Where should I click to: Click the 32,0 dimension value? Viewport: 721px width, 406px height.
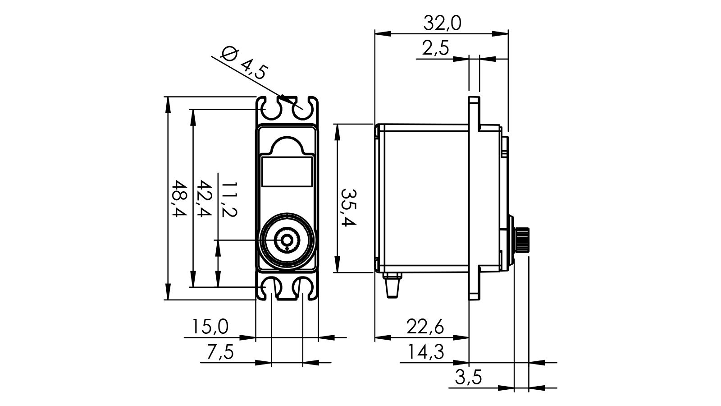[x=442, y=23]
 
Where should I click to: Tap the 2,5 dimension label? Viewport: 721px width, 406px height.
[x=436, y=48]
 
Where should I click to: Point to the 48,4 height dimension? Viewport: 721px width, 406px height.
[x=179, y=199]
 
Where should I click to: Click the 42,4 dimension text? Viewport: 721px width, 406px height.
[x=205, y=199]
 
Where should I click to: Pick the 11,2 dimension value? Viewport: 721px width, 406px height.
[x=229, y=199]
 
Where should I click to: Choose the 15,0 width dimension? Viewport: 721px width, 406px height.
[x=210, y=326]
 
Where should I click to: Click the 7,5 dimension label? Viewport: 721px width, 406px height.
[x=220, y=351]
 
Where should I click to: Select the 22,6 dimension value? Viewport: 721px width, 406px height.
[x=425, y=326]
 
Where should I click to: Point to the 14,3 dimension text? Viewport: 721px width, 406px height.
[x=425, y=351]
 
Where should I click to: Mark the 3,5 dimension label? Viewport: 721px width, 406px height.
[x=469, y=377]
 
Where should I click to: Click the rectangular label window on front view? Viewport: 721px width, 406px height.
[x=287, y=172]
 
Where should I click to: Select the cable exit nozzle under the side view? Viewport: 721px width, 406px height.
[x=392, y=285]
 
